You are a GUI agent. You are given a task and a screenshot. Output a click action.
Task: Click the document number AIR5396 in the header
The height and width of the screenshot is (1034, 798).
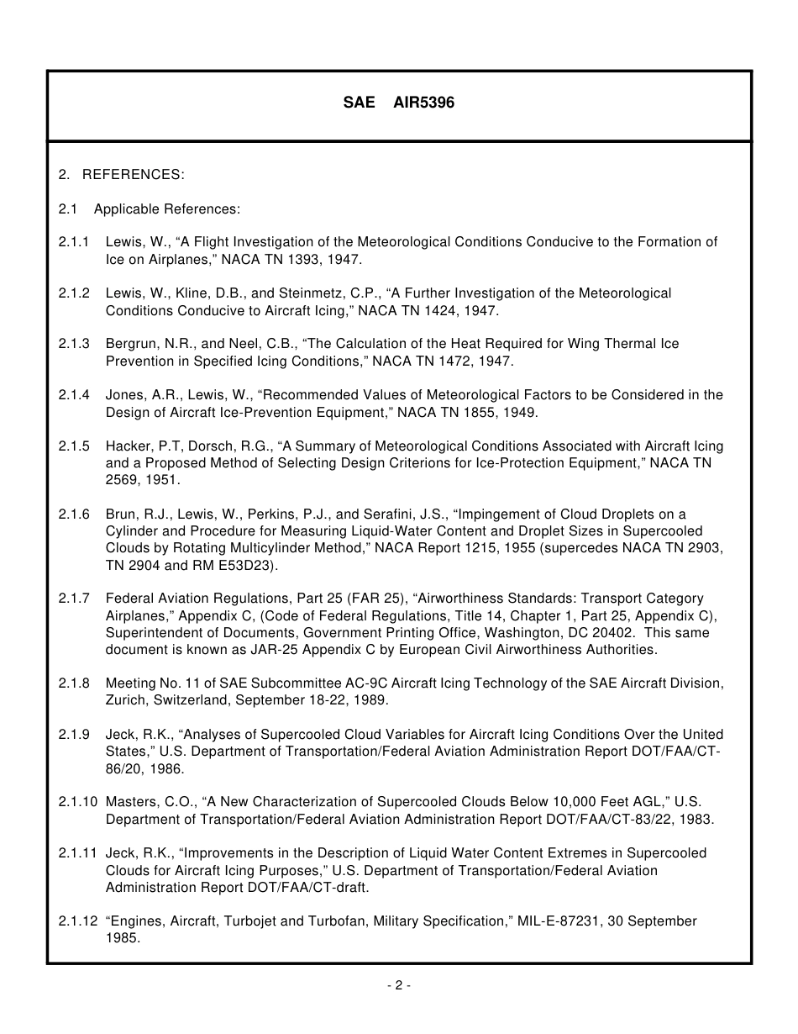[x=423, y=103]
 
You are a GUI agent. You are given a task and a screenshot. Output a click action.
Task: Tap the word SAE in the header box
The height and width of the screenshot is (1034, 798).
[x=359, y=103]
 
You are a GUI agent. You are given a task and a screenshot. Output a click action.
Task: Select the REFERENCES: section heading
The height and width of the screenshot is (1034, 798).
[x=133, y=175]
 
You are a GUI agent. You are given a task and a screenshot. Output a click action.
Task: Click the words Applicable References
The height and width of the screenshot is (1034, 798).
[x=166, y=208]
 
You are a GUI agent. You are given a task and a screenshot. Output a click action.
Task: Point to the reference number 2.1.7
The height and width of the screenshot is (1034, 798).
[x=74, y=599]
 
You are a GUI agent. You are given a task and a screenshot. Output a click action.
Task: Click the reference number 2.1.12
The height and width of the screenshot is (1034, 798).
[x=77, y=921]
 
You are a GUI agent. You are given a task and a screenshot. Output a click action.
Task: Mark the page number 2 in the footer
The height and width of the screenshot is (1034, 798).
[x=398, y=986]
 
